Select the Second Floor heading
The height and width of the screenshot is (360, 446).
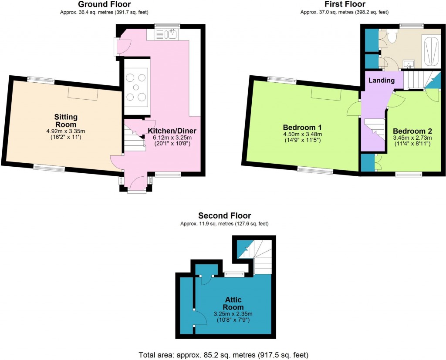click(224, 215)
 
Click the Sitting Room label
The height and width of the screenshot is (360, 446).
click(66, 120)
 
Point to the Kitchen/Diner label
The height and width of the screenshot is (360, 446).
click(172, 131)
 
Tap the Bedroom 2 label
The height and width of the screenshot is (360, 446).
click(412, 131)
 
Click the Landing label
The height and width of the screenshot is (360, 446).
click(382, 81)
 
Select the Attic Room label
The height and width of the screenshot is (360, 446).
click(233, 303)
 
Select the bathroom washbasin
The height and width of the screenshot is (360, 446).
click(409, 65)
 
